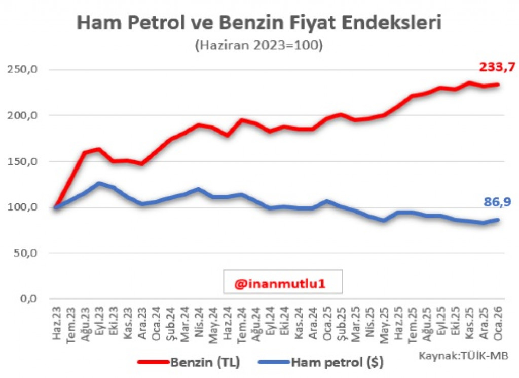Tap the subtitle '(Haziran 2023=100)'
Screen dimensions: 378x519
point(258,45)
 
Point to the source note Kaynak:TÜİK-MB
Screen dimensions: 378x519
point(463,355)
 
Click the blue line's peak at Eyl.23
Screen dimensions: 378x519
point(99,183)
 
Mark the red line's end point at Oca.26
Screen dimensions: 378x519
point(498,85)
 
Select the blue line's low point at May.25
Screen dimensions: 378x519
point(384,220)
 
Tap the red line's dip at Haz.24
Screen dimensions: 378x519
point(228,135)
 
